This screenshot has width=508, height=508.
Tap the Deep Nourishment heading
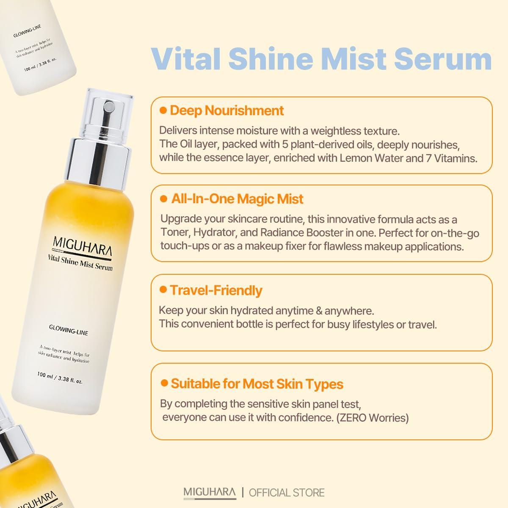226,111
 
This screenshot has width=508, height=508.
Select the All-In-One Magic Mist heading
237,199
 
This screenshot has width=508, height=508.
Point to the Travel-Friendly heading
216,290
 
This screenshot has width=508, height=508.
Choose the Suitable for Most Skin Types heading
257,384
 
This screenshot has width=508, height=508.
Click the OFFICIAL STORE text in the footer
287,493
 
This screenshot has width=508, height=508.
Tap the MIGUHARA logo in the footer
210,493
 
